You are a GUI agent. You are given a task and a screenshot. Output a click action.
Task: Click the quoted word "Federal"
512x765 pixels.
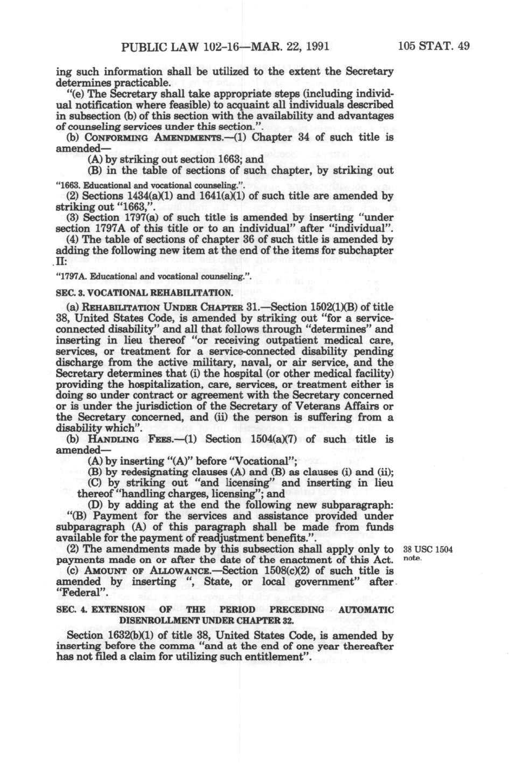point(78,592)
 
